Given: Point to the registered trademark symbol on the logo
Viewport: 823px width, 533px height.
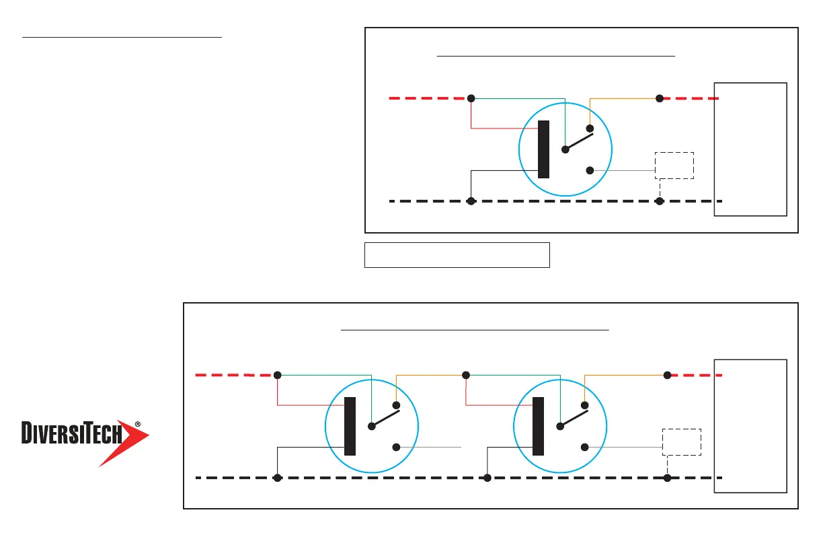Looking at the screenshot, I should click(137, 425).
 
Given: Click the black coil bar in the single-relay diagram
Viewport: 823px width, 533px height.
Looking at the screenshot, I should click(543, 149).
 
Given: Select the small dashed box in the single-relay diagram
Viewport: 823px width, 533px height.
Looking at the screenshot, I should click(674, 165).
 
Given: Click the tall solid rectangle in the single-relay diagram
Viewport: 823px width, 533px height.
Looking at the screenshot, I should click(750, 149).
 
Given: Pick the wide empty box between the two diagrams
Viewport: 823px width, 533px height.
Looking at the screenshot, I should click(457, 255).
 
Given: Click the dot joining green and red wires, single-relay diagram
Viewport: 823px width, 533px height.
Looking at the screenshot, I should click(471, 98).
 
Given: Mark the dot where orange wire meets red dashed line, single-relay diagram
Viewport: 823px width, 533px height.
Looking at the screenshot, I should click(660, 98).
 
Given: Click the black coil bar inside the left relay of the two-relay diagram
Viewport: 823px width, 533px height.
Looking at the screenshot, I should click(350, 426).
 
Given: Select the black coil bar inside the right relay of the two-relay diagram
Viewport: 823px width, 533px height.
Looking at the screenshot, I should click(538, 426).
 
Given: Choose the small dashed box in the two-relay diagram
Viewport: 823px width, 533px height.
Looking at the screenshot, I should click(681, 441).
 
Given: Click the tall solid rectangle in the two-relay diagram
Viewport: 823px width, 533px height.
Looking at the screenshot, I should click(750, 426).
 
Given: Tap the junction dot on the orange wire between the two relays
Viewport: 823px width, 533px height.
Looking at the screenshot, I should click(465, 375).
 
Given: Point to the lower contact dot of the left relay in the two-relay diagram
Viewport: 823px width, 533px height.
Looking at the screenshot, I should click(396, 447).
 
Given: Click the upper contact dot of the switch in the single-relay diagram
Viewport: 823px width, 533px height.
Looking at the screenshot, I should click(590, 129).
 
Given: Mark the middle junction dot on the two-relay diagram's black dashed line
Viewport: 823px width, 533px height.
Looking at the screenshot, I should click(487, 478).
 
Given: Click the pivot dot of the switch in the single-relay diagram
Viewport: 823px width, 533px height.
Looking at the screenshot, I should click(565, 149).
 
